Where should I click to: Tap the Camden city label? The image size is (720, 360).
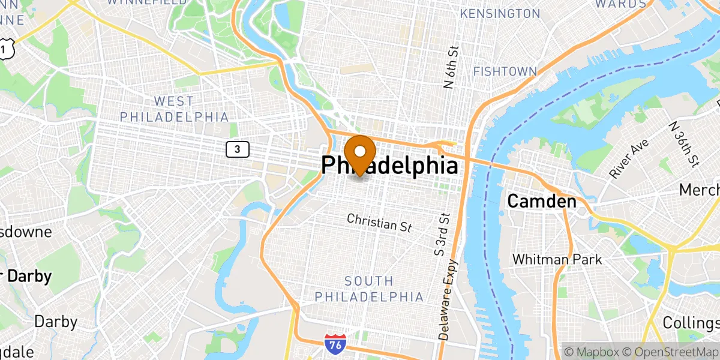(542, 202)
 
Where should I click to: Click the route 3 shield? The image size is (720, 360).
(238, 149)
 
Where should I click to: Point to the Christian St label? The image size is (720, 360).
(379, 222)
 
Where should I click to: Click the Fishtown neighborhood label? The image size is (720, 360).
(505, 71)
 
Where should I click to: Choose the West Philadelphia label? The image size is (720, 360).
(174, 109)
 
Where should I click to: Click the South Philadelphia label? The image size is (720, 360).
(369, 289)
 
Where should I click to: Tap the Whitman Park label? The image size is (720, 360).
(557, 259)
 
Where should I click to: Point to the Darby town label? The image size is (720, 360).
(55, 322)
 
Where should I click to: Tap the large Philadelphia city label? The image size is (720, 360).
(390, 166)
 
